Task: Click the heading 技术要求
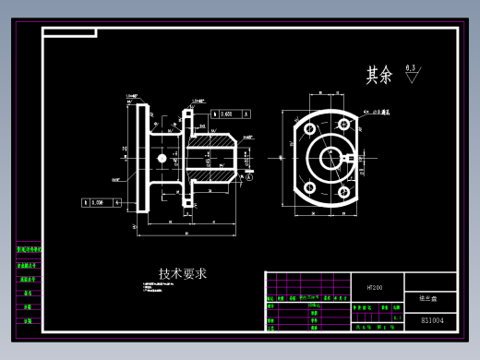coord(182,273)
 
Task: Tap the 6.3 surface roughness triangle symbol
coord(412,76)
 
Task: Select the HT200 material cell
coord(374,286)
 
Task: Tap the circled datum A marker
coord(248,179)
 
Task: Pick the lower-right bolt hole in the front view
coord(344,193)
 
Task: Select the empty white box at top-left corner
coord(68,33)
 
